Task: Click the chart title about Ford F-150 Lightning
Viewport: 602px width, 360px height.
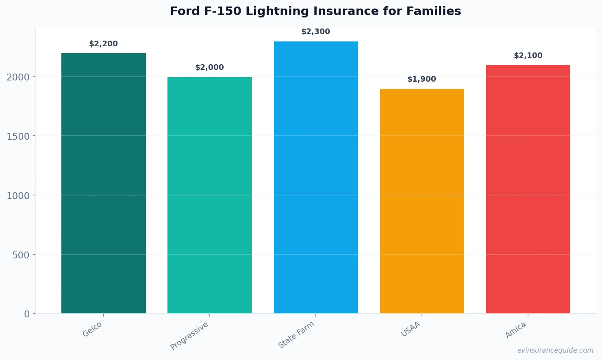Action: [315, 11]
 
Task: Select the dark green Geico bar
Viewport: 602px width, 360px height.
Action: [104, 183]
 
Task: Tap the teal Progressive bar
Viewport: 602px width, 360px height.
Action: [210, 195]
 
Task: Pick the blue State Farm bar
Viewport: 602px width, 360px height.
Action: [316, 177]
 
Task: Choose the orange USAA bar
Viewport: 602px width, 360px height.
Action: [422, 201]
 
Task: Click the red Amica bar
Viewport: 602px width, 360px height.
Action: [528, 189]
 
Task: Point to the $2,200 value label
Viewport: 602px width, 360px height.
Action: [104, 44]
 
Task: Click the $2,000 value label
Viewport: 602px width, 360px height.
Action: [210, 67]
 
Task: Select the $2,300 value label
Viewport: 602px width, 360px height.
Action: [316, 32]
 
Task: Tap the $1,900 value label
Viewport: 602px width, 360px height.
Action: [422, 79]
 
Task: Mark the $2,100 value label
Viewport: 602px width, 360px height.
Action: [528, 56]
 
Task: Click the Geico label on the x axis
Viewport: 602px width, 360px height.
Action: [92, 329]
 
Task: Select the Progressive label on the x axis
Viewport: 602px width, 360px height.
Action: [189, 336]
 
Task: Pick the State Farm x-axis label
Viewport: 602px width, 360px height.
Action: [296, 335]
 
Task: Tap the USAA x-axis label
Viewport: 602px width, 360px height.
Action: [411, 329]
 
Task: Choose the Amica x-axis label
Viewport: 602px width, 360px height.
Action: [516, 330]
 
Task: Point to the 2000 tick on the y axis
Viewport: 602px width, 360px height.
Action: [18, 77]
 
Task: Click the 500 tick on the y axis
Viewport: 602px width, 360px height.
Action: [21, 255]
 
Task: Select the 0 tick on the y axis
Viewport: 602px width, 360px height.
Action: [27, 314]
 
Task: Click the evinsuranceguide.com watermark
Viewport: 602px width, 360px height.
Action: [555, 350]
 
